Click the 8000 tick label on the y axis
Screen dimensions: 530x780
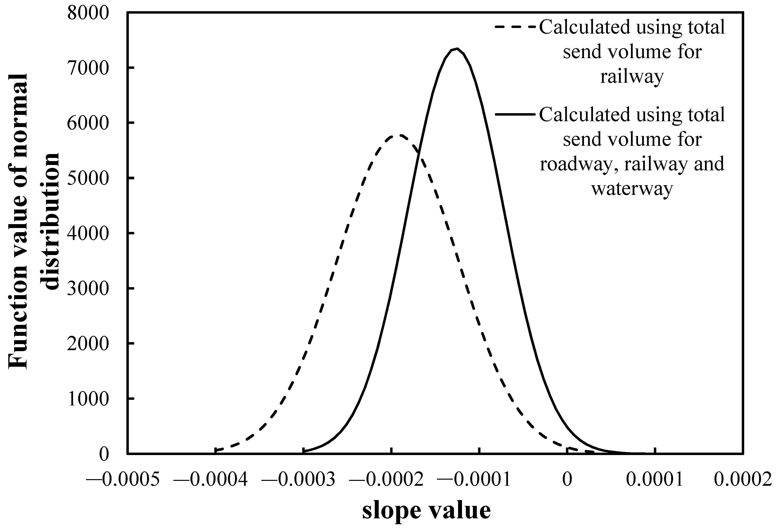[88, 13]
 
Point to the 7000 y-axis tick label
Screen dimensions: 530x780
[88, 68]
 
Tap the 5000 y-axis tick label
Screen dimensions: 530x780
[88, 178]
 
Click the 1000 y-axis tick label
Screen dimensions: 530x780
[88, 399]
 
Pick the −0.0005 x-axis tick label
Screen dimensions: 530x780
[122, 480]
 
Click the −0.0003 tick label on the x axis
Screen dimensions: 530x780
[298, 480]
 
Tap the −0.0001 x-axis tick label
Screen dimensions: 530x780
[474, 480]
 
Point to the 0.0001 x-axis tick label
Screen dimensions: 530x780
[655, 480]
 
